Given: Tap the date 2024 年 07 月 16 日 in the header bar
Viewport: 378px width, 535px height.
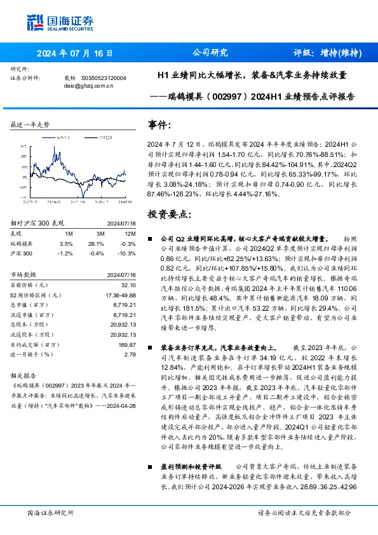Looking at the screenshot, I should coord(74,53).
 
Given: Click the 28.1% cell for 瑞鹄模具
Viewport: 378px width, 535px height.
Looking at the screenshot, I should coord(95,243).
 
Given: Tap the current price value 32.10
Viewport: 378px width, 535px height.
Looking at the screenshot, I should coord(128,285).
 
